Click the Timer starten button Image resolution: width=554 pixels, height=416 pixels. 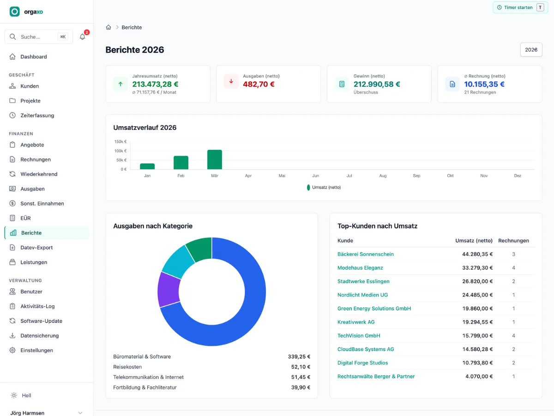520,7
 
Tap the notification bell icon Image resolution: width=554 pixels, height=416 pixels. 82,37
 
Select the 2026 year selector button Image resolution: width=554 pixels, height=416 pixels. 531,50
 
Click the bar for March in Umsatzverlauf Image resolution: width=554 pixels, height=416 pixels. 215,159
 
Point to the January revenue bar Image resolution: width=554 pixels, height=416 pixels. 147,166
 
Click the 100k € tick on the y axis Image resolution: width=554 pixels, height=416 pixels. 120,151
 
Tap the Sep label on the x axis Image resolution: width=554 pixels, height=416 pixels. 416,176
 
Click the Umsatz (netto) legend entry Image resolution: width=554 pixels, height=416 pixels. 324,187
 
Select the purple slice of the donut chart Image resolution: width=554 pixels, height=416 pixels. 169,289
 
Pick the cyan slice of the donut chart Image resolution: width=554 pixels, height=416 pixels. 178,262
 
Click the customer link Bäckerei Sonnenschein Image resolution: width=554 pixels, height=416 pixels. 366,254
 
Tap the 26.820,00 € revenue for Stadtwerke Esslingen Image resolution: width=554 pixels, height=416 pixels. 477,281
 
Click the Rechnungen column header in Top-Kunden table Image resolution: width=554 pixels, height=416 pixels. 513,240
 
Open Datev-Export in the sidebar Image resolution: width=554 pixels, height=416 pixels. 36,248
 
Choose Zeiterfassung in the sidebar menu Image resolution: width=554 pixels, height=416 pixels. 37,116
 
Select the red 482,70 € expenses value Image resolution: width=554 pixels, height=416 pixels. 259,84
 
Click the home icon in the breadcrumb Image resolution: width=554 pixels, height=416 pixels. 108,27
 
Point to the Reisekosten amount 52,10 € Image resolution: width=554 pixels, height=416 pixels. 301,367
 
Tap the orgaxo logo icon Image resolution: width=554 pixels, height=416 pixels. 15,12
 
